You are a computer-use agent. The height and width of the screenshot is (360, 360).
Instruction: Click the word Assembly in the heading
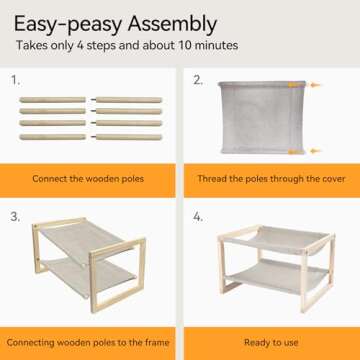pos(172,25)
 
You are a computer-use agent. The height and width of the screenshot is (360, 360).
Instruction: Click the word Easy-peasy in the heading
pos(68,25)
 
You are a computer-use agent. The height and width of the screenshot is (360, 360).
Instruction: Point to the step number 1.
pos(15,80)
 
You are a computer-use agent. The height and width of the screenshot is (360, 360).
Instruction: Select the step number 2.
pos(198,80)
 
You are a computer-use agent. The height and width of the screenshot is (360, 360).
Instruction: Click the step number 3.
pos(15,217)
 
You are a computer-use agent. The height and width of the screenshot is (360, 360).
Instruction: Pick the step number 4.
pos(198,217)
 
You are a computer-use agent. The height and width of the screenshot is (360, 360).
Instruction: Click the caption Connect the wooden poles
pos(88,179)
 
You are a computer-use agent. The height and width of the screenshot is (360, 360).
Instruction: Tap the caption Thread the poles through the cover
pos(271,179)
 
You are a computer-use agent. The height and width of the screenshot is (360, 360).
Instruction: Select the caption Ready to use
pos(271,342)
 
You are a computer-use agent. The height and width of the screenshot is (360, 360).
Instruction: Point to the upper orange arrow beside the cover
pos(315,85)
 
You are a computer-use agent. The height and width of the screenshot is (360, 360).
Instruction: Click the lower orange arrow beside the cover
pos(315,151)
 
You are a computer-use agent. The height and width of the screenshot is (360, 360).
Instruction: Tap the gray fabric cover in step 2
pos(263,117)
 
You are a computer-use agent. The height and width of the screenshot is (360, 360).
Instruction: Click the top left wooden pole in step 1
pos(52,100)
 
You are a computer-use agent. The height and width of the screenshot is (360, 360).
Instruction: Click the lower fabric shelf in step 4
pos(278,275)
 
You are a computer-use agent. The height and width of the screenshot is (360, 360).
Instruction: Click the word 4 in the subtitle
pos(80,45)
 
